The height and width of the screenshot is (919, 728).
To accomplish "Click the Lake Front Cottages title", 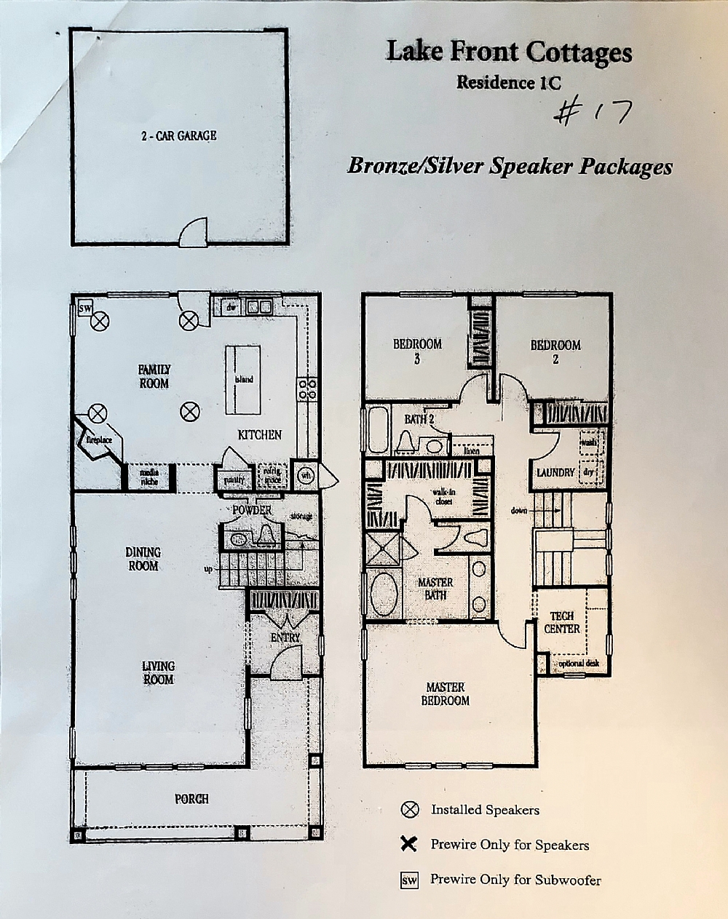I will [x=509, y=52].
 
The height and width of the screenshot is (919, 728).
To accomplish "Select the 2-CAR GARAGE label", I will [x=179, y=135].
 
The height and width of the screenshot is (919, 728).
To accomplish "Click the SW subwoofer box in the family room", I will [x=84, y=309].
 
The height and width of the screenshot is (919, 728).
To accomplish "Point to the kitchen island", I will [x=243, y=378].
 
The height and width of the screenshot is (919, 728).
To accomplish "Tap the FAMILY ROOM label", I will [x=154, y=376].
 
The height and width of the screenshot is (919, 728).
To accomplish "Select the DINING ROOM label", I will [x=143, y=559].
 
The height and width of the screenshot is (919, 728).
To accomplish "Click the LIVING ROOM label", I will [x=158, y=672].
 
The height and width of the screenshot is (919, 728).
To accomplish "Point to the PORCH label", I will [x=191, y=799].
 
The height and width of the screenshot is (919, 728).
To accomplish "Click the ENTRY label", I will [x=285, y=637].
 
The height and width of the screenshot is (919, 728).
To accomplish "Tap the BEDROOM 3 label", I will [x=417, y=351].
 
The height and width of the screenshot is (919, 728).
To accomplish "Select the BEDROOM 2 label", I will [x=555, y=351].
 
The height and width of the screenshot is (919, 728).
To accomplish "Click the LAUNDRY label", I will [x=555, y=473].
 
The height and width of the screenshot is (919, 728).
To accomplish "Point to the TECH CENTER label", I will [x=562, y=622].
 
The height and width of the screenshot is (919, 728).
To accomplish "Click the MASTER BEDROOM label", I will [x=445, y=693].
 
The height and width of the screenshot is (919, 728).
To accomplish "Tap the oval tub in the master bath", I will [x=384, y=594].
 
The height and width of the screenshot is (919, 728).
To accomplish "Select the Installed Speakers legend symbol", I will [x=410, y=809].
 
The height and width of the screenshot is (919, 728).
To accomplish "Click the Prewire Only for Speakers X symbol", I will [x=409, y=844].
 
